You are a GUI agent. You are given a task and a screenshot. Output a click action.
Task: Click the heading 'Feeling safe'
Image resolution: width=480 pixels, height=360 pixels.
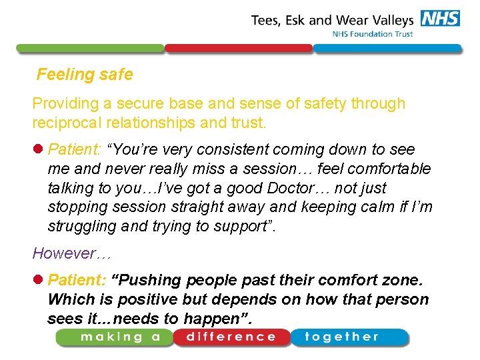tap(85, 75)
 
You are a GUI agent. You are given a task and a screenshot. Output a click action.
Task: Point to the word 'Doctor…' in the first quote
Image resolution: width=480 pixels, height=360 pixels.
tap(307, 188)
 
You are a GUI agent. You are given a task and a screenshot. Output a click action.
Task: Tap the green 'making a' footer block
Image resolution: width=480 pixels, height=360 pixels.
tap(114, 337)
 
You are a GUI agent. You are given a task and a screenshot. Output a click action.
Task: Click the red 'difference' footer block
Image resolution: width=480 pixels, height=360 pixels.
tap(231, 337)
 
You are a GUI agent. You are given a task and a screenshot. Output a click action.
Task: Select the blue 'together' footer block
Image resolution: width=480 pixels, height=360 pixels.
tap(348, 337)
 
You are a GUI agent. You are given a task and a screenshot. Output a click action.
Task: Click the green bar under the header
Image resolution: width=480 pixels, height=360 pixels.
tap(90, 49)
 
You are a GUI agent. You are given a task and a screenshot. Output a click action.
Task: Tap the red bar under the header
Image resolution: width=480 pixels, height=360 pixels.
tap(238, 49)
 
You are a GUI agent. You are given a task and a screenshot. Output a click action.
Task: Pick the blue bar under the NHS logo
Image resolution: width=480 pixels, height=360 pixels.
tap(387, 49)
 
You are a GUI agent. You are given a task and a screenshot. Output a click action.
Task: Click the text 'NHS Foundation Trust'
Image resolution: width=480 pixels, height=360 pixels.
tap(373, 34)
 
